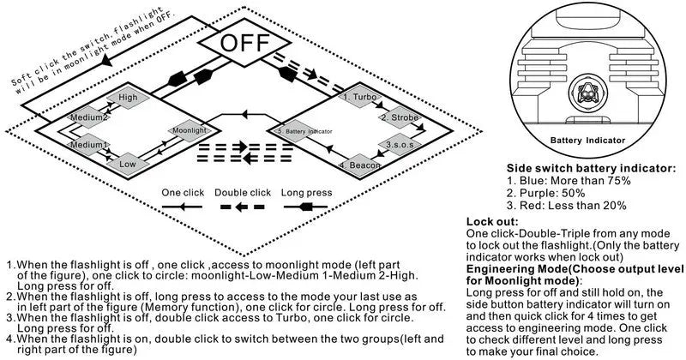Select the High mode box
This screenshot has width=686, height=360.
pyautogui.click(x=128, y=98)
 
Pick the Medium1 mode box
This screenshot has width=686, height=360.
pyautogui.click(x=88, y=145)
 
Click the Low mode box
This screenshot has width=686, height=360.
pyautogui.click(x=128, y=164)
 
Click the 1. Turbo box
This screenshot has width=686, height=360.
pyautogui.click(x=358, y=98)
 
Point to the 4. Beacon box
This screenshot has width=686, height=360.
pyautogui.click(x=358, y=164)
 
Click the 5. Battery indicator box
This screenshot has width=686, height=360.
pyautogui.click(x=304, y=130)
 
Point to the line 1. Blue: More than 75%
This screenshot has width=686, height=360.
pyautogui.click(x=569, y=181)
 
